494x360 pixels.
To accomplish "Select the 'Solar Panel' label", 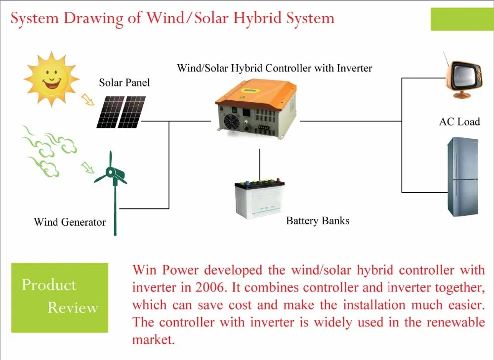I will coord(124,82).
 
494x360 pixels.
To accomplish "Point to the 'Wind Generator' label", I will coord(70,222).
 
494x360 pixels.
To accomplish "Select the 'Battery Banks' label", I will coord(318,220).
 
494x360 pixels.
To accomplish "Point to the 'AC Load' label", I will coord(459,121).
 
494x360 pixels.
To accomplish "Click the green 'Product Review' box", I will coord(59,297).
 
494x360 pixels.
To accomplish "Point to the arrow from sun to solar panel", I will coord(89,100).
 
